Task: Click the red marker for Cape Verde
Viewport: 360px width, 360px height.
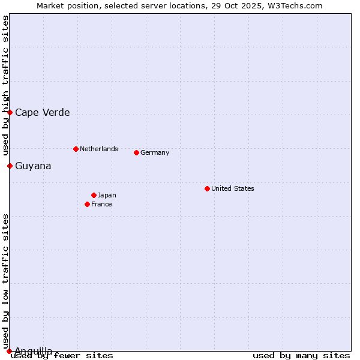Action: [10, 112]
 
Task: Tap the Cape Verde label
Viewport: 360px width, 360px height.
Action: [42, 113]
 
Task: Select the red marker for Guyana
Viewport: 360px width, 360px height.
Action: [10, 166]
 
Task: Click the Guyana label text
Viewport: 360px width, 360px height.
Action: [33, 166]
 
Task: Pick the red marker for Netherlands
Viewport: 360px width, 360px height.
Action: [76, 149]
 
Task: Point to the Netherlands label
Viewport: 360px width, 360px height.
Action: [98, 149]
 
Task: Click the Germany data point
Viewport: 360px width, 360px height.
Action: [136, 152]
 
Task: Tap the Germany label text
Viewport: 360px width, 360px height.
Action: [155, 152]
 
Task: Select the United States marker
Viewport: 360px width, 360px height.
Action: [207, 188]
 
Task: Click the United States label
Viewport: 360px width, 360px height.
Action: [232, 188]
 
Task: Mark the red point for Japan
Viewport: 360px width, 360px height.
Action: [94, 195]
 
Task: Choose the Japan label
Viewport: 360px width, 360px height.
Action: [107, 195]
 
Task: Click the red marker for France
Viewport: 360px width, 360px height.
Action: [87, 204]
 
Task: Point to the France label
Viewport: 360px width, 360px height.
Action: [101, 204]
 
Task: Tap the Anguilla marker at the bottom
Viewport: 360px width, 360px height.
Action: [9, 351]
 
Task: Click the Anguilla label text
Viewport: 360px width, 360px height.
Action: [33, 351]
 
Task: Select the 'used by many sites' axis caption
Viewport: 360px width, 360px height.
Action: [301, 355]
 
